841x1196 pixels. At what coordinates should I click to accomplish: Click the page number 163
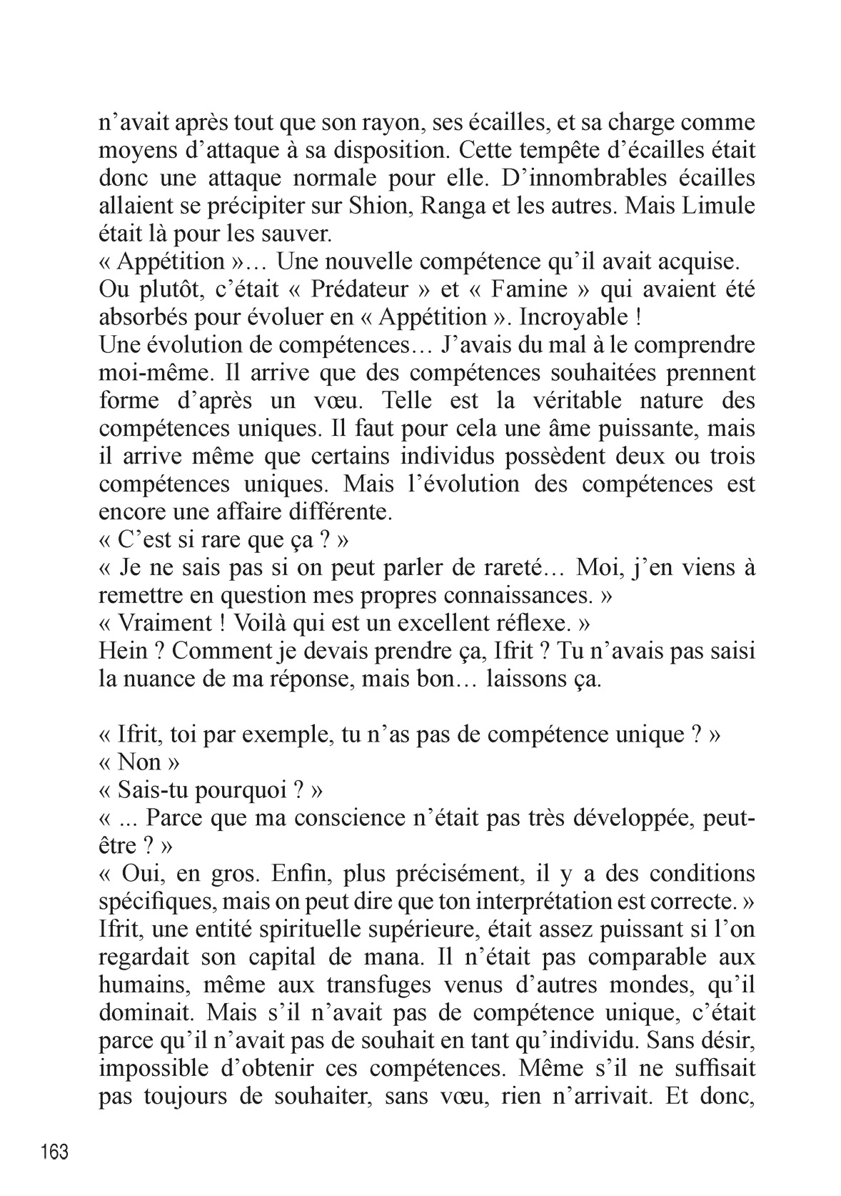click(55, 1151)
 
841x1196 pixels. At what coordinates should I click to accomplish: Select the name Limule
click(718, 206)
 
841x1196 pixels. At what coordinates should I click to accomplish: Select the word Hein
click(126, 651)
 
